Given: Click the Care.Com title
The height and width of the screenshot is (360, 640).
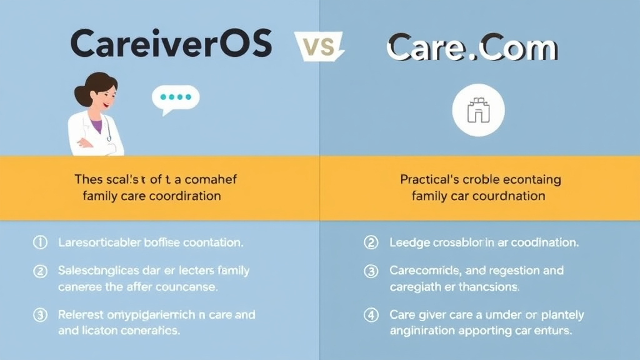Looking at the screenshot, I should point(472,48).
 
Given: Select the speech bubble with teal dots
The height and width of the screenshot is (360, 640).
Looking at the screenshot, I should point(176,98).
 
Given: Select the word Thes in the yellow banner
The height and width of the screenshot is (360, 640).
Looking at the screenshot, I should point(87,179).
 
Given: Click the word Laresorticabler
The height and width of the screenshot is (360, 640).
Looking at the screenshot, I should point(101,242).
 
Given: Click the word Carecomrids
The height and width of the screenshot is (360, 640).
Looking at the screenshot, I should point(424,271).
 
